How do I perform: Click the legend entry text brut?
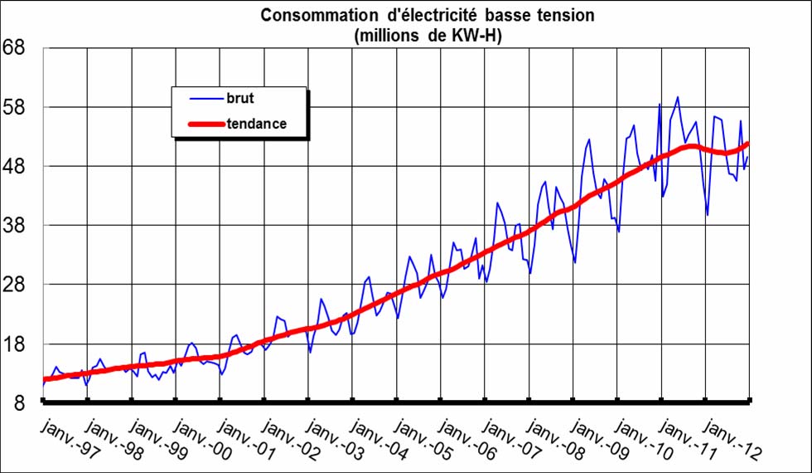[x=239, y=97]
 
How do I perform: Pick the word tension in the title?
[x=565, y=15]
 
